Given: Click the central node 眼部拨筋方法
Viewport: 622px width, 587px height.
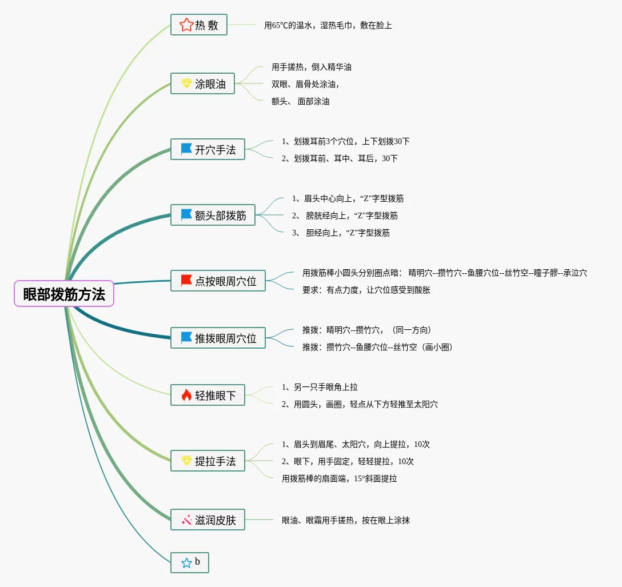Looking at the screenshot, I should tap(64, 294).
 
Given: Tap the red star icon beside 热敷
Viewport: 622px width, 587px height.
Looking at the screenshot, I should tap(186, 25).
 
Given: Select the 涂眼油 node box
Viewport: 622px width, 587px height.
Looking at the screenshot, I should tap(202, 83).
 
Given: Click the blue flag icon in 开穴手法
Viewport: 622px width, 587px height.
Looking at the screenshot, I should tap(186, 149).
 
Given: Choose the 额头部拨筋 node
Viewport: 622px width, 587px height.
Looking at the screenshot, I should tap(213, 215).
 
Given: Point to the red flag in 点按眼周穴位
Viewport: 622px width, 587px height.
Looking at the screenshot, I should tap(186, 281).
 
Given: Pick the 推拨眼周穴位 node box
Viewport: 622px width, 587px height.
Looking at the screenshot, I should tap(218, 338).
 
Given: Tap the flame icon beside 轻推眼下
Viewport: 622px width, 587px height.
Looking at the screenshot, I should tap(186, 395).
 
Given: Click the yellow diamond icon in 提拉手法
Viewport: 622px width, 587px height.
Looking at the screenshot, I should tap(186, 461).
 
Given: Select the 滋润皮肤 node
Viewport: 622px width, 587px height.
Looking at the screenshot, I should tap(208, 520).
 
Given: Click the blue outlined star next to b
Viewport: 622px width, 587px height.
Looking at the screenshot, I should tap(186, 562).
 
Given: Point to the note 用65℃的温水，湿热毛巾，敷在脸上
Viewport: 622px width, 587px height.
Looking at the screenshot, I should tap(328, 25).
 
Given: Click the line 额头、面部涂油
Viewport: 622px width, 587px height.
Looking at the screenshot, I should tap(301, 101).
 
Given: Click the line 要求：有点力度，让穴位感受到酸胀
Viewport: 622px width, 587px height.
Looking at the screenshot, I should tap(366, 290).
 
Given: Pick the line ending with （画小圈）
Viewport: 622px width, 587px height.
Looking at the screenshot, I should tap(377, 347).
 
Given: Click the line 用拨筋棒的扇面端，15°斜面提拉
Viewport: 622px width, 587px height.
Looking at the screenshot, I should tap(339, 478).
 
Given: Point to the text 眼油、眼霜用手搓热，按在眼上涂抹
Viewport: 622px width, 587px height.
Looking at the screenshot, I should tap(345, 520).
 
